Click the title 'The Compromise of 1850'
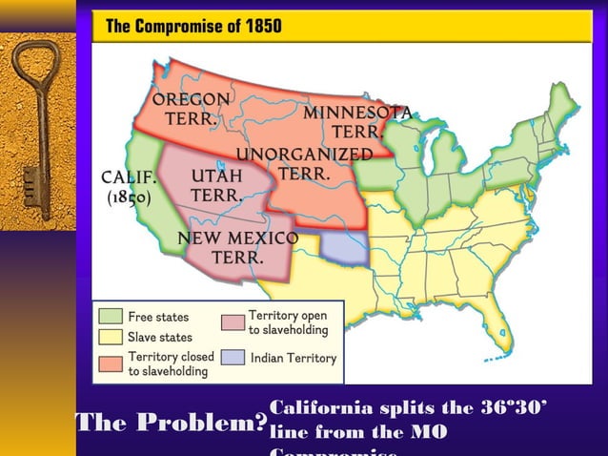point(193,27)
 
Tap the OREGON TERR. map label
point(191,110)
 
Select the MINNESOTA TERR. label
point(357,122)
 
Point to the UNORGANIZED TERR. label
point(304,164)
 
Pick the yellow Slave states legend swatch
point(111,337)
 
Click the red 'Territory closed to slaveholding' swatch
point(111,360)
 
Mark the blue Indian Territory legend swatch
point(233,358)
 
